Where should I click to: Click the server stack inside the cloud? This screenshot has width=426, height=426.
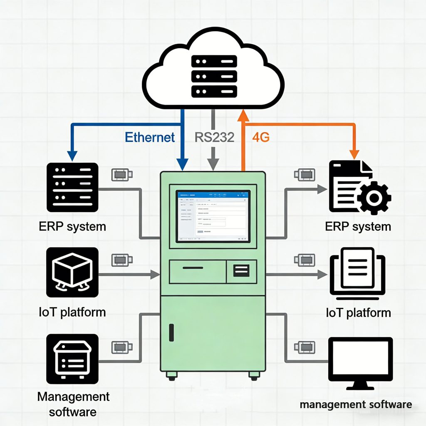214,76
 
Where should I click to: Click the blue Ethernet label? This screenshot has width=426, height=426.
150,137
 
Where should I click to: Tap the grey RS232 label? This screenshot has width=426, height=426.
214,137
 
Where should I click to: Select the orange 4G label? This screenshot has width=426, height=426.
261,137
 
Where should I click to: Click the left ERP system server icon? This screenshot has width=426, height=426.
72,187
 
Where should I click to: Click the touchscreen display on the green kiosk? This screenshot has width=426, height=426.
213,216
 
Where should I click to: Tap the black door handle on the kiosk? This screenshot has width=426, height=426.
171,333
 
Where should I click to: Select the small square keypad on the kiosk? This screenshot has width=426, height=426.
242,271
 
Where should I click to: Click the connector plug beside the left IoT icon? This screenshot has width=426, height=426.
122,260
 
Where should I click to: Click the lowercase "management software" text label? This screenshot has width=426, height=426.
356,404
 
